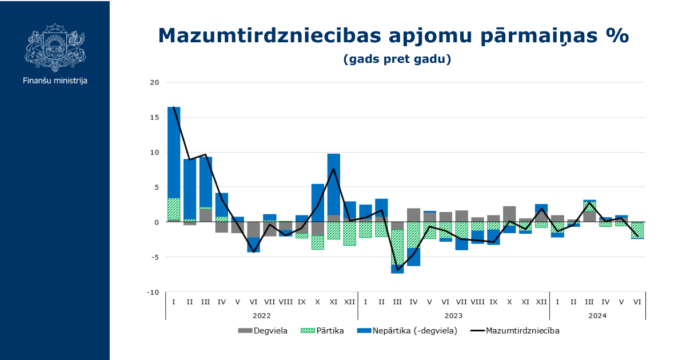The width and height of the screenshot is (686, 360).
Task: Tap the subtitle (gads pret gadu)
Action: point(397,59)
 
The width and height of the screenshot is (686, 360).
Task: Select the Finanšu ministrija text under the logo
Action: point(55,81)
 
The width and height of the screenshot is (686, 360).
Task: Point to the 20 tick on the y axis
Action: point(154,82)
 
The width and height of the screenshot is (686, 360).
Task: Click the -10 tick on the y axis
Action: point(153,292)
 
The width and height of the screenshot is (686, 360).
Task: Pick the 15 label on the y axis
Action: point(154,117)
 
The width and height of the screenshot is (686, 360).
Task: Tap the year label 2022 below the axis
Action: point(262,315)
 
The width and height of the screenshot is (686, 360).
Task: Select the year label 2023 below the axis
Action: point(453,315)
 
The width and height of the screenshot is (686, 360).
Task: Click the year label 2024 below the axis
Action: point(597,315)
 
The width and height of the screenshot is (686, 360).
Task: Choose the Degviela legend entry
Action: point(262,330)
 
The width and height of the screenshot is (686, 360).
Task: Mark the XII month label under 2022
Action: point(350,301)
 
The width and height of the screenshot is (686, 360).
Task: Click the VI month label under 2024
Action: point(637,301)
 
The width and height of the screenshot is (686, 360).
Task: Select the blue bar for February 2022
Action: point(190,189)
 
